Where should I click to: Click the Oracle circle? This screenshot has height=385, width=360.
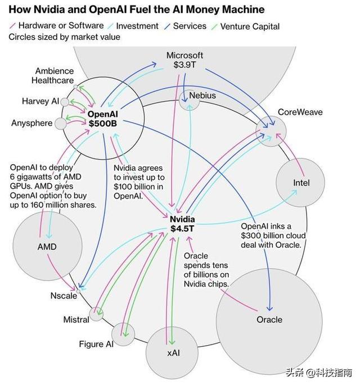click(x=269, y=320)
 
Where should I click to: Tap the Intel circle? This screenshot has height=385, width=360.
click(x=301, y=183)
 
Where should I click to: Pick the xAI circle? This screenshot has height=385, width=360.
click(x=173, y=353)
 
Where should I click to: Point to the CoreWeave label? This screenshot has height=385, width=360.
click(x=300, y=112)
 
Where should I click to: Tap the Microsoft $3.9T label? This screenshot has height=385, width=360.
click(x=184, y=61)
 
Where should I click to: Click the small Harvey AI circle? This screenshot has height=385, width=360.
click(x=65, y=102)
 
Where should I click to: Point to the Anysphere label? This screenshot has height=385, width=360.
click(x=31, y=123)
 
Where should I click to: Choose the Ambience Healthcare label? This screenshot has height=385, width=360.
click(x=54, y=75)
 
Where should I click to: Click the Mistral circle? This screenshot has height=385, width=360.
click(x=97, y=314)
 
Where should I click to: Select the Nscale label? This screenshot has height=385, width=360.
click(x=61, y=295)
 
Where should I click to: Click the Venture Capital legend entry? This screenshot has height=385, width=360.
click(x=249, y=26)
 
